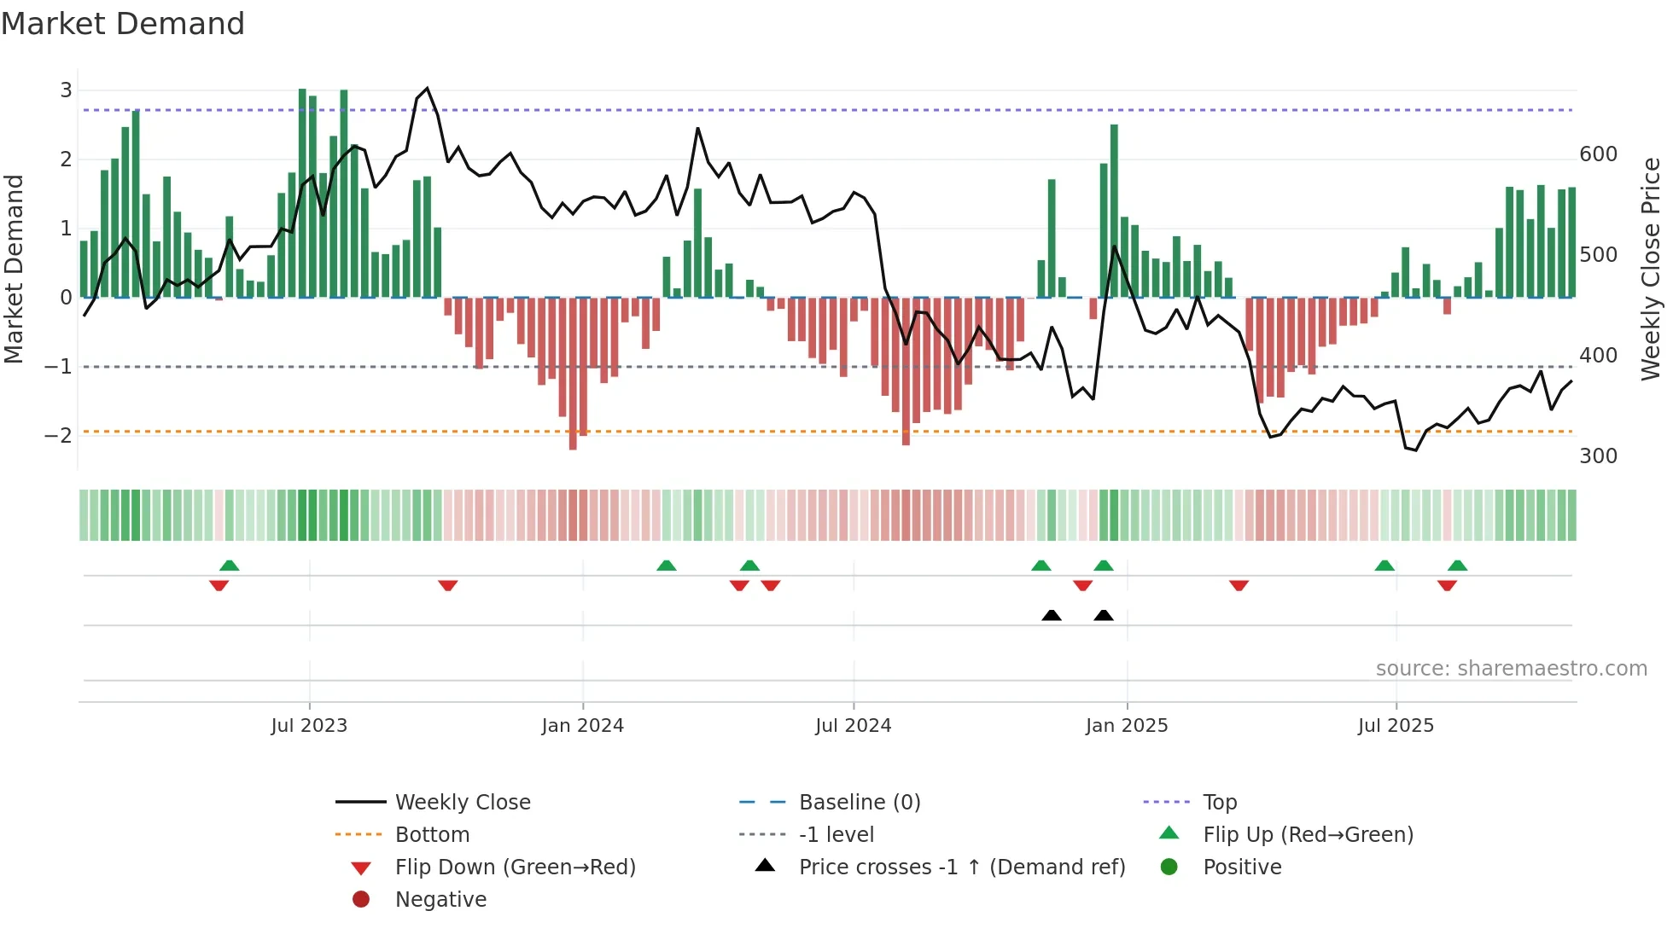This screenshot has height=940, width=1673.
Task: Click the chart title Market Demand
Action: click(123, 24)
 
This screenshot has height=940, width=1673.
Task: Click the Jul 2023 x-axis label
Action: click(309, 726)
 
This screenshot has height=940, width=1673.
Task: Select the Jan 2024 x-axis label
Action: click(582, 726)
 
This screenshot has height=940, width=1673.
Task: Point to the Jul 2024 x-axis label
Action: click(853, 726)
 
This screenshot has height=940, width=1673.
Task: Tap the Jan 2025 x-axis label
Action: click(1126, 726)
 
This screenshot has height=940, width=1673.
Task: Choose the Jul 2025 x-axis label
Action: click(1396, 726)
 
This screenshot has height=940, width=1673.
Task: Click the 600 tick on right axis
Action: click(1598, 154)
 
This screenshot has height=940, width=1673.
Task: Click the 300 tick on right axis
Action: click(1598, 456)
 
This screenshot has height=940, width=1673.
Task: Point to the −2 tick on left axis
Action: click(59, 436)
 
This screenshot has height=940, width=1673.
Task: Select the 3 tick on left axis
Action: click(66, 90)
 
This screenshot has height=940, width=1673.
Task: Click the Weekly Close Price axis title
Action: click(1651, 269)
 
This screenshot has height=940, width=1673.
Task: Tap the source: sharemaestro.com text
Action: click(1511, 669)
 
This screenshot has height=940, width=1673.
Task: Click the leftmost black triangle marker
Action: click(1052, 616)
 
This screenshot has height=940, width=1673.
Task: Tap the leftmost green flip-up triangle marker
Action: click(229, 566)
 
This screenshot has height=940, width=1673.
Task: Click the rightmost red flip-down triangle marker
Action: click(1447, 585)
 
